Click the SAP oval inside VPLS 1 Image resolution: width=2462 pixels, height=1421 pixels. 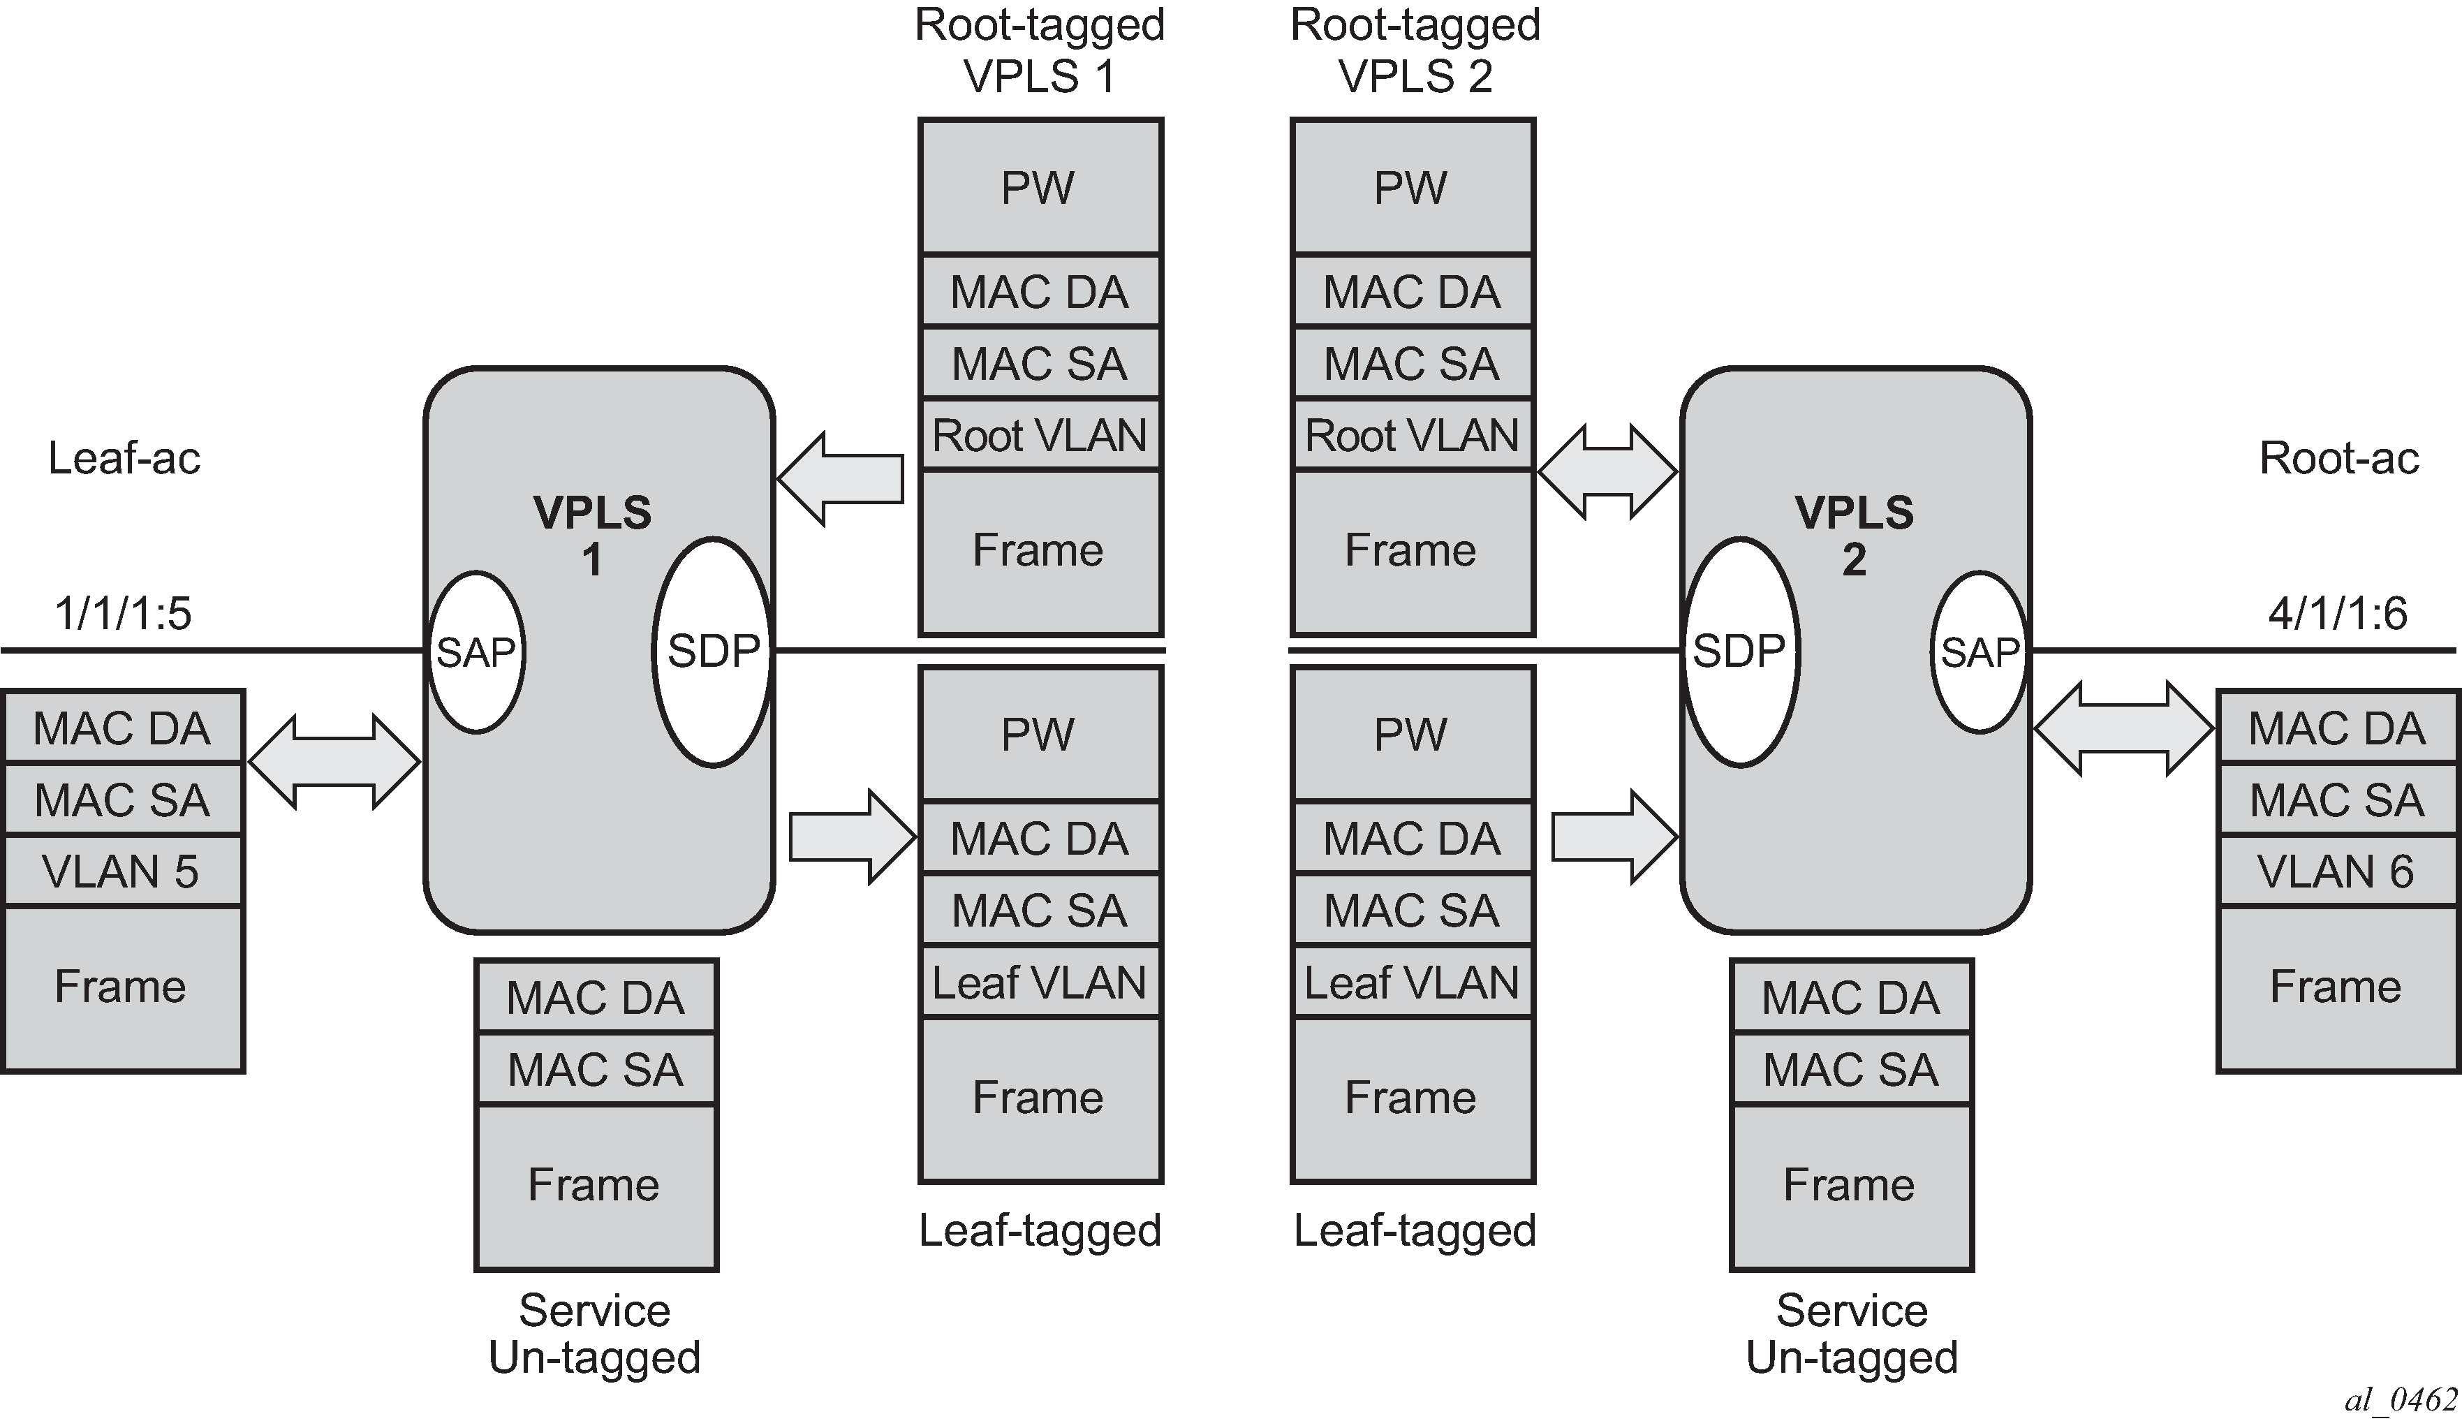[x=476, y=652]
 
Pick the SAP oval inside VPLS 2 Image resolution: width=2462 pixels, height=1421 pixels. [x=1979, y=652]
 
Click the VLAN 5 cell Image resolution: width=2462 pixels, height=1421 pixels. [x=122, y=871]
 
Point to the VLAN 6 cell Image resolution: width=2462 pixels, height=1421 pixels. [x=2336, y=871]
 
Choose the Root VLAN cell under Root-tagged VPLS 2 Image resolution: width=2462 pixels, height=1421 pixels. [x=1412, y=435]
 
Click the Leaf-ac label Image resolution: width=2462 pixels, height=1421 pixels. [x=124, y=458]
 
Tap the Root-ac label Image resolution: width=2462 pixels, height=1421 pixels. [x=2339, y=458]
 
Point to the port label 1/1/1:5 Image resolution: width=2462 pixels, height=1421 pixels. [x=123, y=614]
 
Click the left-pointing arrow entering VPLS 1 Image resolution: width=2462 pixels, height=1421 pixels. [x=840, y=478]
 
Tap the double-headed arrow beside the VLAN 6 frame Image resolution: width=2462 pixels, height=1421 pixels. [x=2123, y=729]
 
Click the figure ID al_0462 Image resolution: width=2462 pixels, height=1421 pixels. [x=2400, y=1399]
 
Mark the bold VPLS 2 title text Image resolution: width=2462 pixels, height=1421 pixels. [x=1854, y=536]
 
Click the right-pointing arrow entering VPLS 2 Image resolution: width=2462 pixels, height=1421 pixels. [x=1614, y=837]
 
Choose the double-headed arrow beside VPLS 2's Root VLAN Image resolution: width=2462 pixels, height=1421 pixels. [x=1607, y=472]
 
